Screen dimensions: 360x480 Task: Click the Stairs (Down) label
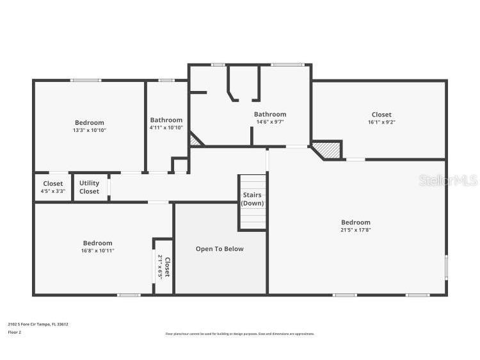click(x=252, y=199)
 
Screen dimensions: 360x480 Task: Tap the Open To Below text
click(x=220, y=249)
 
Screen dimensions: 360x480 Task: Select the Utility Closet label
click(x=89, y=187)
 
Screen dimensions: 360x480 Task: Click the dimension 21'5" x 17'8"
click(x=355, y=230)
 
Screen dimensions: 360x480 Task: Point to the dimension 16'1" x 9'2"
click(x=381, y=122)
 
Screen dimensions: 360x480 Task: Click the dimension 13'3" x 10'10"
click(x=89, y=130)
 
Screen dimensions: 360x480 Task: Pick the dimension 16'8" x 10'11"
click(x=97, y=250)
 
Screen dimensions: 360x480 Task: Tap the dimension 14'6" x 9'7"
click(x=270, y=122)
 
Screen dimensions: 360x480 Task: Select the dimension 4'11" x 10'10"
click(x=166, y=127)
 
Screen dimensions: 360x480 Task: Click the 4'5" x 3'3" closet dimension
click(x=53, y=191)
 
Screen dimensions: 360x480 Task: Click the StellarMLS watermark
click(x=448, y=181)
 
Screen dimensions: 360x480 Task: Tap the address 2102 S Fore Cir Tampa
click(x=38, y=324)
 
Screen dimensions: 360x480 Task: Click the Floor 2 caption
click(x=14, y=332)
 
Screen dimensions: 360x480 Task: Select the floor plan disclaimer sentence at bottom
click(x=240, y=334)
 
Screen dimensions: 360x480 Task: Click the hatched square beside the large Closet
click(x=330, y=149)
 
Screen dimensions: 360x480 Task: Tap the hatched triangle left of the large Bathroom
click(x=195, y=139)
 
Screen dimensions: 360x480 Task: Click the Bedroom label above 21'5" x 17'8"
click(x=355, y=222)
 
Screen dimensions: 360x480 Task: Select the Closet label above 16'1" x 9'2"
click(x=381, y=115)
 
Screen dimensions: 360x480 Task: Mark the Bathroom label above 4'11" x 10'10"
click(x=166, y=120)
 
